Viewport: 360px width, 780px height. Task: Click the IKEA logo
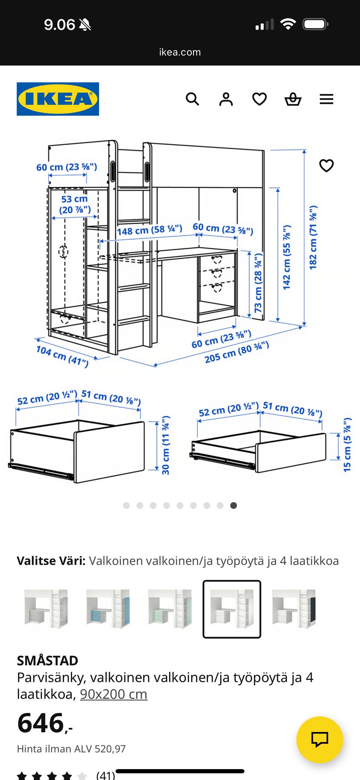click(58, 99)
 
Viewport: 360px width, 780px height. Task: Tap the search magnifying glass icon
click(192, 99)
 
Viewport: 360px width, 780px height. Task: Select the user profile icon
click(226, 99)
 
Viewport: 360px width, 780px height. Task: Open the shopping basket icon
click(293, 99)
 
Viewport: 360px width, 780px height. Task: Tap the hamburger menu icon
click(326, 99)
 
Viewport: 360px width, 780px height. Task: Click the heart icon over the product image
click(326, 165)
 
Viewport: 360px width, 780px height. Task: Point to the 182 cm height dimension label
click(313, 237)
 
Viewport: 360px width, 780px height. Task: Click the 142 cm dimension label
click(286, 258)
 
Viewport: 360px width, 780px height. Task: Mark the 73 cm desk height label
click(258, 283)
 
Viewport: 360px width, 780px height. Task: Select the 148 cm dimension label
click(149, 230)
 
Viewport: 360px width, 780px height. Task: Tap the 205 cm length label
click(237, 352)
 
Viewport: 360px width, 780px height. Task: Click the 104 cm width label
click(62, 356)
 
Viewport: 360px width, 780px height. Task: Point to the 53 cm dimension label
click(75, 204)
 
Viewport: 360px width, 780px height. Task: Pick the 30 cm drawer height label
click(165, 445)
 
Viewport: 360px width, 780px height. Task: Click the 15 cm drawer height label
click(347, 445)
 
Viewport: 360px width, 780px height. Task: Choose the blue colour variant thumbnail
click(108, 609)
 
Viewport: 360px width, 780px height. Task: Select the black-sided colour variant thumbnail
click(294, 609)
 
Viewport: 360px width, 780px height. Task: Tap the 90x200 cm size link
click(113, 694)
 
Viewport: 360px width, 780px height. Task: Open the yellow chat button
click(319, 740)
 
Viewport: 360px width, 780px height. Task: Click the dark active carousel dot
click(233, 506)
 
